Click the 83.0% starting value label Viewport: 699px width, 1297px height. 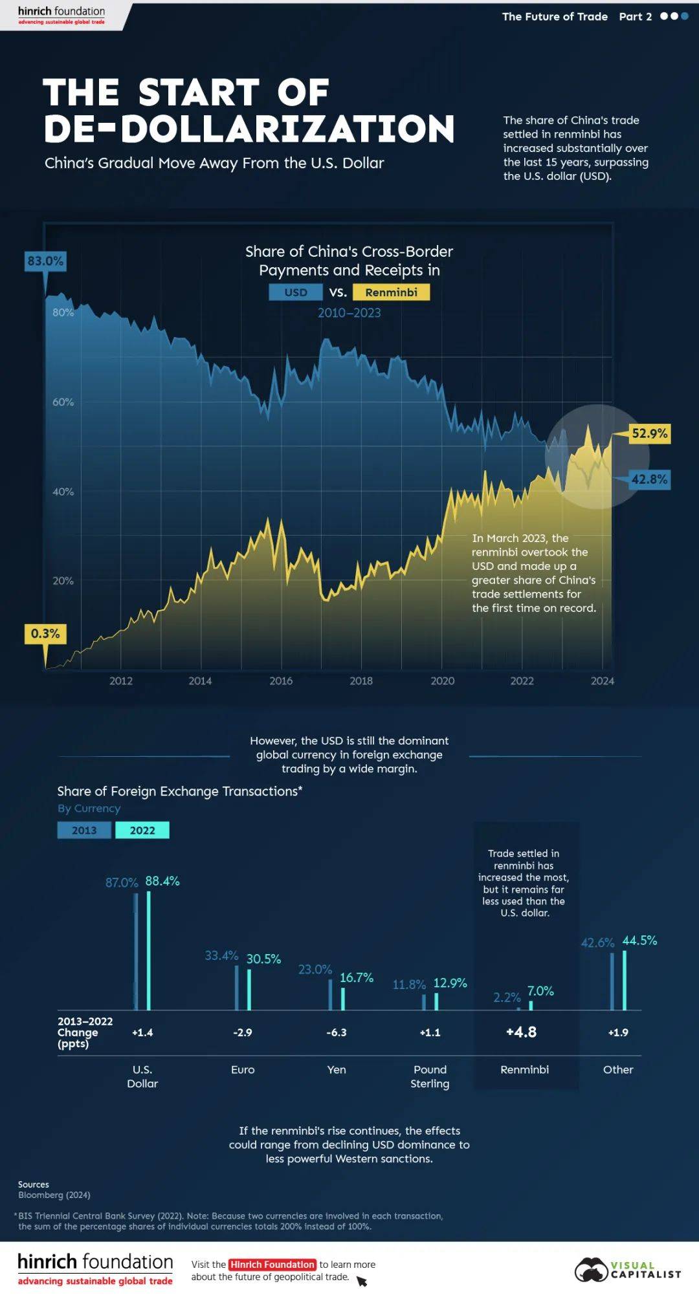(45, 261)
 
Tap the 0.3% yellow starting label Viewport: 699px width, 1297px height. (45, 633)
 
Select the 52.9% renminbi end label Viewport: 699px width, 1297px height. (649, 433)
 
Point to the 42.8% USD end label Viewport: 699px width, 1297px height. (649, 479)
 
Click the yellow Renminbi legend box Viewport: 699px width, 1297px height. (391, 292)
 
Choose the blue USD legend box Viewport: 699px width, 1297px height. (296, 292)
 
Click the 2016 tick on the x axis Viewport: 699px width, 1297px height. (281, 681)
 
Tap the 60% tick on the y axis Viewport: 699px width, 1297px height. (63, 402)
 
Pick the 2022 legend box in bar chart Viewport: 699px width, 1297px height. (142, 830)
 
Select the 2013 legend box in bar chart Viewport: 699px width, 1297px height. (84, 830)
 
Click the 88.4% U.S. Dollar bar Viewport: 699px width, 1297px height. (149, 951)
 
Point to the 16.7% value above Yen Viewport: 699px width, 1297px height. (357, 977)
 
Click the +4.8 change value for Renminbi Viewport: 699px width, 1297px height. (521, 1032)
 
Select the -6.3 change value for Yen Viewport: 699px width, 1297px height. (337, 1032)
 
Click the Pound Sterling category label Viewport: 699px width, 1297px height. (430, 1076)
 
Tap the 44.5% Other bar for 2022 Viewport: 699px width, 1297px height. (625, 980)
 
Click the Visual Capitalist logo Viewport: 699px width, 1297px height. (628, 1270)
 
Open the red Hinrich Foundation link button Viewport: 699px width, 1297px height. (272, 1264)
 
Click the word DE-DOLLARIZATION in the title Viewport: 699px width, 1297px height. (249, 128)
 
